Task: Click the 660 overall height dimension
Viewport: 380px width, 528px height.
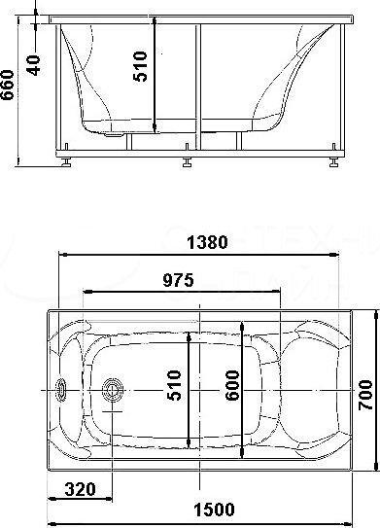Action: [8, 86]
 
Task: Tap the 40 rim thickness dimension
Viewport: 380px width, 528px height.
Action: [34, 65]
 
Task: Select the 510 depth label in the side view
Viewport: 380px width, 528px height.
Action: [140, 66]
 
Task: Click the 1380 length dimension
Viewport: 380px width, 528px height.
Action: [207, 242]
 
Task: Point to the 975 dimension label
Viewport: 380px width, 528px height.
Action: [179, 280]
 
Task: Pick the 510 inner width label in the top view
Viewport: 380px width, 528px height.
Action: [174, 386]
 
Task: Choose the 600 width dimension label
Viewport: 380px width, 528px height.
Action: [232, 386]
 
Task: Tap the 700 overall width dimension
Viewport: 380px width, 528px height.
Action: [365, 395]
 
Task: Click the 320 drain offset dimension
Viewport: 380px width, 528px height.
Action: [80, 489]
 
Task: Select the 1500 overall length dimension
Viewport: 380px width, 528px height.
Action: [214, 510]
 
